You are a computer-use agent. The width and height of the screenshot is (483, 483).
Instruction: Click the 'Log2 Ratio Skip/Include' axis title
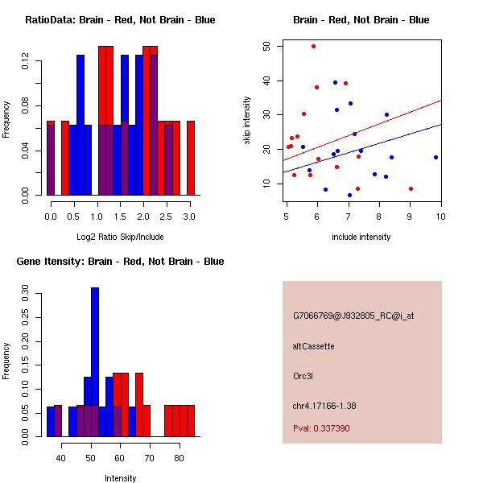tap(119, 237)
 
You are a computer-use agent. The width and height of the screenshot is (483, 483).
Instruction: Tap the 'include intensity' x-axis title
tap(361, 237)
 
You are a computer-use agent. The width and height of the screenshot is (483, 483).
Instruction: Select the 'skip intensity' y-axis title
tap(247, 121)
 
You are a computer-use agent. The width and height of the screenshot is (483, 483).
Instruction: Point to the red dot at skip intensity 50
tap(313, 47)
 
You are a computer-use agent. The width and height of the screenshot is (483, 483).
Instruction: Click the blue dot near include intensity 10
tap(436, 158)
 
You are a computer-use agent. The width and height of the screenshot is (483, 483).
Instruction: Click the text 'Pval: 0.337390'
tap(321, 429)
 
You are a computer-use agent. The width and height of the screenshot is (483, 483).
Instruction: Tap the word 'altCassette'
tap(313, 346)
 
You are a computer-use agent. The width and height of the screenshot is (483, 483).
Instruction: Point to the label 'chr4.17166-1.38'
tap(324, 405)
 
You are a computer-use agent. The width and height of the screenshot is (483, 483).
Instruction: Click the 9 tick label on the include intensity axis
tap(411, 217)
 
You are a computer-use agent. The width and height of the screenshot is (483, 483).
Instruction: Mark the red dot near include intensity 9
tap(411, 188)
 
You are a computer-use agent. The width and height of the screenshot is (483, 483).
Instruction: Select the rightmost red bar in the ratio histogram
tap(191, 158)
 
